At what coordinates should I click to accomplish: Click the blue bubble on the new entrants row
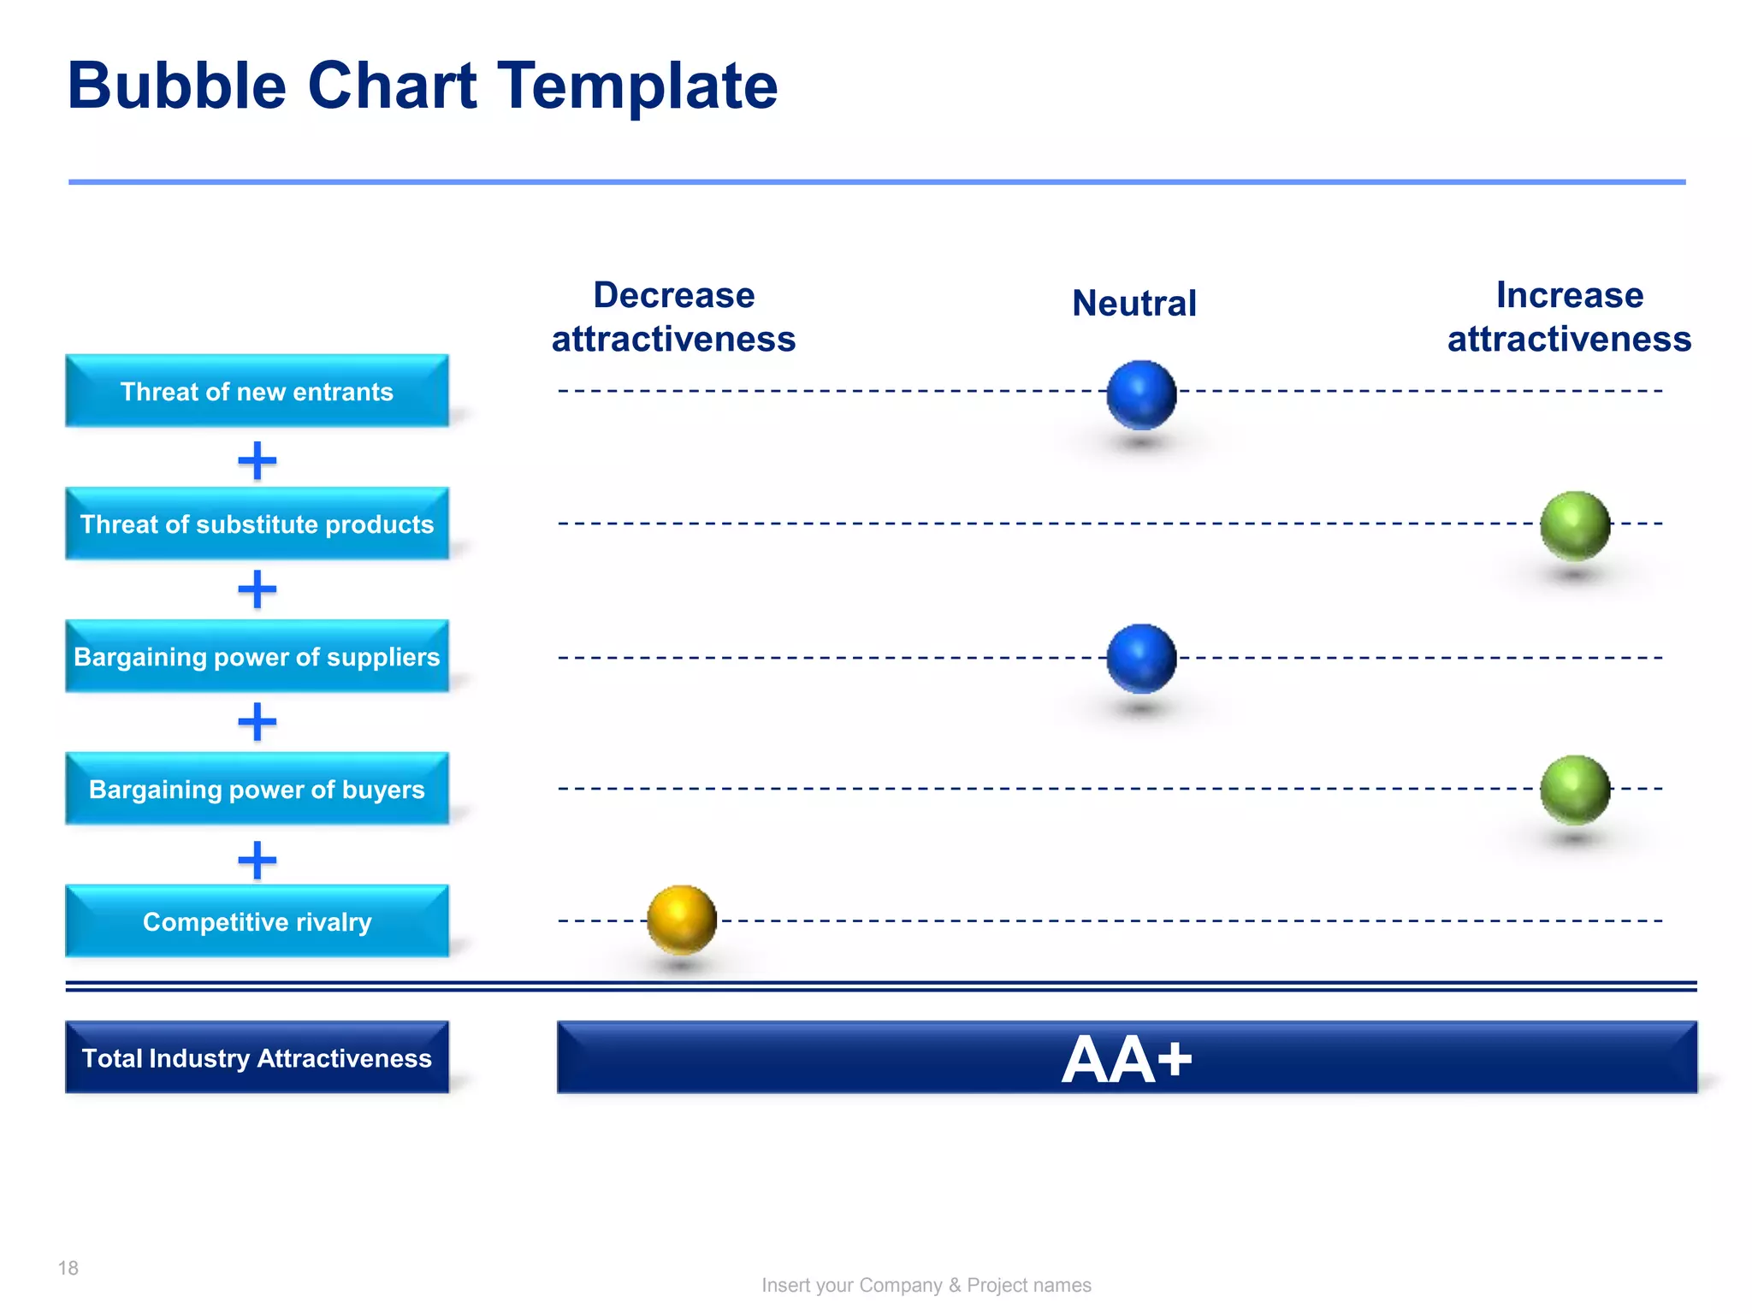pos(1141,394)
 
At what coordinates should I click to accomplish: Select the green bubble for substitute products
pos(1574,525)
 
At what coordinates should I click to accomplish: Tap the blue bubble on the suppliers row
pos(1141,658)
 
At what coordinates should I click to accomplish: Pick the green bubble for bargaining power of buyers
pos(1574,790)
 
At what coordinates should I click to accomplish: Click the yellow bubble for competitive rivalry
pos(681,920)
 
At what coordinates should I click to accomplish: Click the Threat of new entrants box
pos(257,391)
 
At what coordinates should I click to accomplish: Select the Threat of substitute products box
pos(257,524)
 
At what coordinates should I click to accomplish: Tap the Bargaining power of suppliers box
pos(257,656)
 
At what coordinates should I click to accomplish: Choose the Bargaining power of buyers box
pos(257,789)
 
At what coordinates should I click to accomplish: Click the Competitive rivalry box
pos(257,921)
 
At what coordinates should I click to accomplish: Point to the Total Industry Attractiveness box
pos(257,1057)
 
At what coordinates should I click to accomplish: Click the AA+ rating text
pos(1127,1059)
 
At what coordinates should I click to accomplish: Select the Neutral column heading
pos(1133,303)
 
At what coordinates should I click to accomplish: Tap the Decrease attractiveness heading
pos(673,317)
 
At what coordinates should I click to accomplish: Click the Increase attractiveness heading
pos(1569,317)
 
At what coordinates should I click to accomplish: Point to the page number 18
pos(68,1268)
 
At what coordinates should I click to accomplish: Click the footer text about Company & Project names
pos(926,1285)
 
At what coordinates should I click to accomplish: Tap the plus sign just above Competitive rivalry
pos(257,860)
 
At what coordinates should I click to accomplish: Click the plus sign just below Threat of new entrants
pos(257,461)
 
